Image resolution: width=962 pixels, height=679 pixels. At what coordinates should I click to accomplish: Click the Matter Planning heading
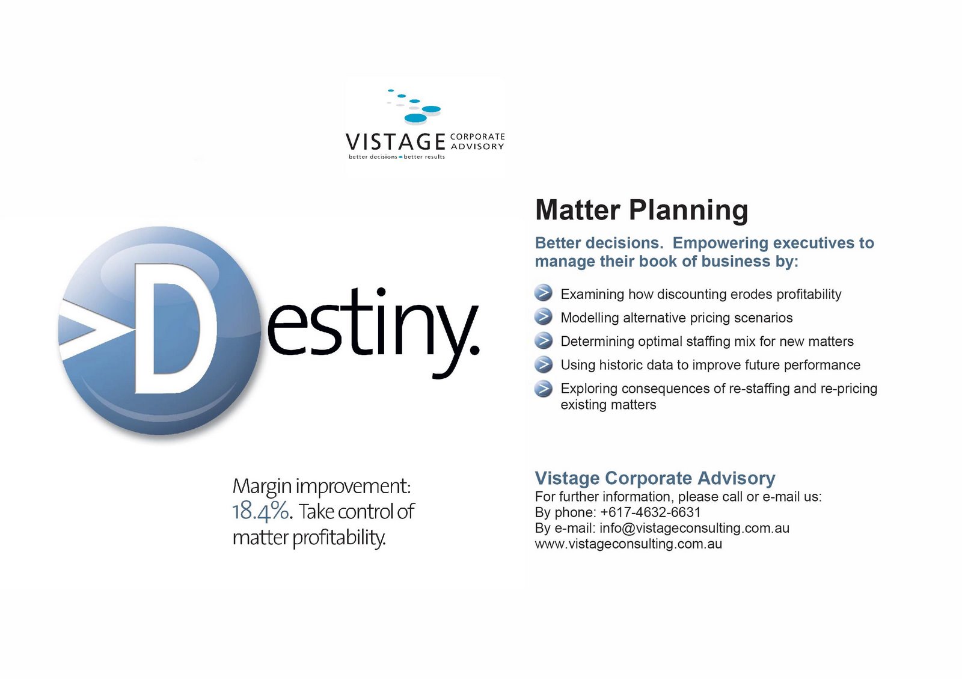(641, 210)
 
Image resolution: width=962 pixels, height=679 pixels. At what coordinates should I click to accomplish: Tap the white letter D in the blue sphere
(176, 328)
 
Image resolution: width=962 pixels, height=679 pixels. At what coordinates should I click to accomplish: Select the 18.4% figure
(260, 511)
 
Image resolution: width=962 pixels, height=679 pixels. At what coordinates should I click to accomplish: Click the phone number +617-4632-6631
(650, 512)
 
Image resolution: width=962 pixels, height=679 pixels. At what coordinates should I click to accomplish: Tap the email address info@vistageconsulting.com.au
(694, 528)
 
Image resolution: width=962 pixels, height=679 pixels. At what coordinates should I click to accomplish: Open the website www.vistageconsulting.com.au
(628, 544)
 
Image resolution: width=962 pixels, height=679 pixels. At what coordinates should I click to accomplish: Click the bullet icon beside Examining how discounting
(544, 293)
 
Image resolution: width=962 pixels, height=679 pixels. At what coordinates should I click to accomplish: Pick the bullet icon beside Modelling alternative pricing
(544, 316)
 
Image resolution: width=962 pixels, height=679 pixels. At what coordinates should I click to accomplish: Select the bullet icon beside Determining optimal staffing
(544, 340)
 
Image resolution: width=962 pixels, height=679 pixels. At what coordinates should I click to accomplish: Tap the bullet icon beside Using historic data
(544, 364)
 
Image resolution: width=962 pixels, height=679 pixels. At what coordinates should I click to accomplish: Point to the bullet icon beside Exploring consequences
(544, 389)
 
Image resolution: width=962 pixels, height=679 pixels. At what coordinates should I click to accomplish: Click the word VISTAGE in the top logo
(395, 142)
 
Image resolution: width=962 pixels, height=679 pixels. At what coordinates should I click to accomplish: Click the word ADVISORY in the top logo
(477, 147)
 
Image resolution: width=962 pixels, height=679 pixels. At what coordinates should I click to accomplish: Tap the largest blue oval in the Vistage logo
(415, 118)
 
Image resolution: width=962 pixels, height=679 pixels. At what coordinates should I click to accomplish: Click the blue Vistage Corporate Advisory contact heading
(655, 478)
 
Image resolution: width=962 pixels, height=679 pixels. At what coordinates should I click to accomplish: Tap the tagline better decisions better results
(397, 157)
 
